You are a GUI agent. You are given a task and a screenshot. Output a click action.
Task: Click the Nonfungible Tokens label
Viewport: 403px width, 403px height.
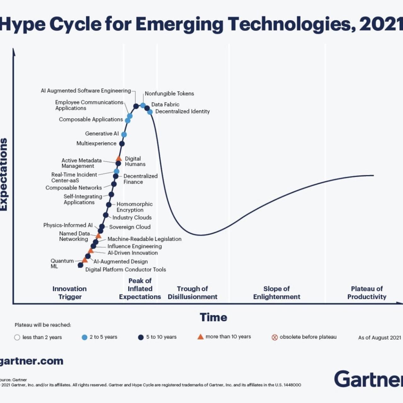pyautogui.click(x=169, y=94)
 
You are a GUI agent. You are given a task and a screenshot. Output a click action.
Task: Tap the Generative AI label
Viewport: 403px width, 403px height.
pyautogui.click(x=102, y=133)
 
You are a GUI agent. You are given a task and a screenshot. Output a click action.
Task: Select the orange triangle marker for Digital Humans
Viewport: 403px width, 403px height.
pyautogui.click(x=119, y=158)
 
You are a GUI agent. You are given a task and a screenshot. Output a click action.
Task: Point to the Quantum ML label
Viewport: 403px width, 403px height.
pyautogui.click(x=62, y=264)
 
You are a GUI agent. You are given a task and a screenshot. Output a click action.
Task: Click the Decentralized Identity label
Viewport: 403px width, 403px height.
pyautogui.click(x=182, y=111)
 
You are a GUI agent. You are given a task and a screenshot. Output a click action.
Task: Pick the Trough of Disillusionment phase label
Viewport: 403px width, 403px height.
pyautogui.click(x=192, y=293)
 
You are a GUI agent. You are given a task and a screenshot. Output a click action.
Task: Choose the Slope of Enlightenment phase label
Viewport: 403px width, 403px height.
pyautogui.click(x=276, y=293)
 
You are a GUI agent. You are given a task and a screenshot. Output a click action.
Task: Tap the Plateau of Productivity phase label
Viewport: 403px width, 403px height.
pyautogui.click(x=366, y=293)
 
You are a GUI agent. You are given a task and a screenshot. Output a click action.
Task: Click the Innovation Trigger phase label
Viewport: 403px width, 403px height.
pyautogui.click(x=70, y=293)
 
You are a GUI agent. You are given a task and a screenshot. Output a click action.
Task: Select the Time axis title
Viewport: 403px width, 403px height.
pyautogui.click(x=213, y=317)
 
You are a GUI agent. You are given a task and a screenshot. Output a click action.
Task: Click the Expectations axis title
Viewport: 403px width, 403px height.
pyautogui.click(x=4, y=174)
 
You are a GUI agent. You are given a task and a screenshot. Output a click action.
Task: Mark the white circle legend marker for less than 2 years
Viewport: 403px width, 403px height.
pyautogui.click(x=17, y=337)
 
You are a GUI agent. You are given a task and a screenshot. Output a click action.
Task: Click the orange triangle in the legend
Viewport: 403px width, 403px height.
pyautogui.click(x=200, y=337)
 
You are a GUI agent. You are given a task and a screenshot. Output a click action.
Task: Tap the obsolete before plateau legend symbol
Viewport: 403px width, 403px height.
pyautogui.click(x=275, y=337)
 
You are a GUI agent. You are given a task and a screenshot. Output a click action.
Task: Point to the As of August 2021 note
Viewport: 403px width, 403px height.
pyautogui.click(x=379, y=338)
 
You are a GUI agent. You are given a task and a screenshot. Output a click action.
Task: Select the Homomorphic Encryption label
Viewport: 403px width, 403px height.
pyautogui.click(x=134, y=207)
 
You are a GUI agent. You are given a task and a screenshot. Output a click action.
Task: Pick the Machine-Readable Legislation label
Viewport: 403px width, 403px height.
pyautogui.click(x=144, y=239)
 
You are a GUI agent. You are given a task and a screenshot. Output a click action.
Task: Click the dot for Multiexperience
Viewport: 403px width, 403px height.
pyautogui.click(x=122, y=144)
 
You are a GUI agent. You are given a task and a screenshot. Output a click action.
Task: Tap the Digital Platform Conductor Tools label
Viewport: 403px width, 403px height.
pyautogui.click(x=125, y=270)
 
